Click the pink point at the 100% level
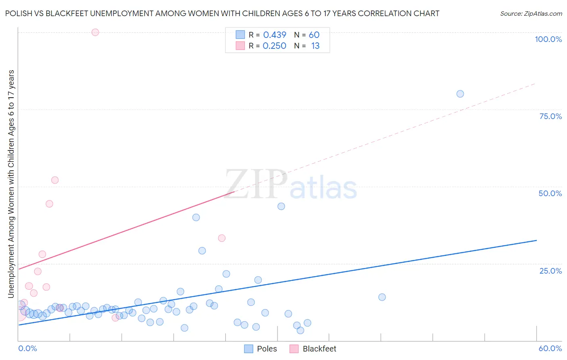coord(95,32)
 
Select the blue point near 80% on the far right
coord(460,94)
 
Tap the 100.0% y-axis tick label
coord(548,39)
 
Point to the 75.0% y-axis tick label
coord(550,116)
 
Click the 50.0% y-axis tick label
coord(550,193)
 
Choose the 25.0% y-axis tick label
coord(550,271)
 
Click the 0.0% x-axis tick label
coord(27,348)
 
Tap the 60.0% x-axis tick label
coord(550,348)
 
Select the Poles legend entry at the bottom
coord(261,349)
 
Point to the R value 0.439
coord(275,35)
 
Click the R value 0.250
coord(274,46)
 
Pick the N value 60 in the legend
coord(314,35)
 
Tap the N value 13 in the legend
coord(315,46)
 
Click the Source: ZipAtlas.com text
coord(531,14)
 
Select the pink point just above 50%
coord(55,180)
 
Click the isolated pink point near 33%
coord(221,238)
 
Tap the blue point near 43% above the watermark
coord(281,206)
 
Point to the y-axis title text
coord(11,184)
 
